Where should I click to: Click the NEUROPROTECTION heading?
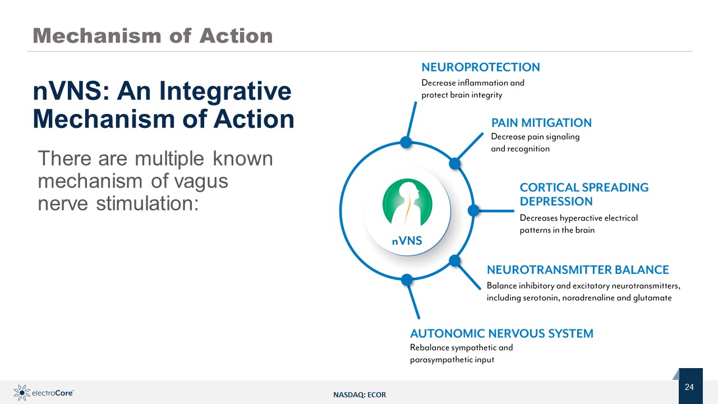pos(481,67)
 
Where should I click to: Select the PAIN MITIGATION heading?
pos(541,123)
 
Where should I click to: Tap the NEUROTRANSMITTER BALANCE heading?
pos(578,270)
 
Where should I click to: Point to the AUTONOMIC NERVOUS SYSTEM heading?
pos(501,333)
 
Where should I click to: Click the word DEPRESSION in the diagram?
pos(556,201)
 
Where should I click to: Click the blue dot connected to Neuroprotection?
pos(406,142)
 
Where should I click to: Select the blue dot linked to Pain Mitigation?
pos(454,163)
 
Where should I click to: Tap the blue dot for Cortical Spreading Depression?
pos(473,210)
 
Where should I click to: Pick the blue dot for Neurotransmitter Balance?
pos(454,261)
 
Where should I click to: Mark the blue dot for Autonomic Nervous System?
pos(407,279)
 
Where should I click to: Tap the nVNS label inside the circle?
pos(407,241)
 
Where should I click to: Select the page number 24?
pos(689,387)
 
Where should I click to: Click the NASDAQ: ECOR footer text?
pos(360,394)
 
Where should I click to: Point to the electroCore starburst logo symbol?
pos(22,393)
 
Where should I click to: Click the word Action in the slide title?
pos(236,36)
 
